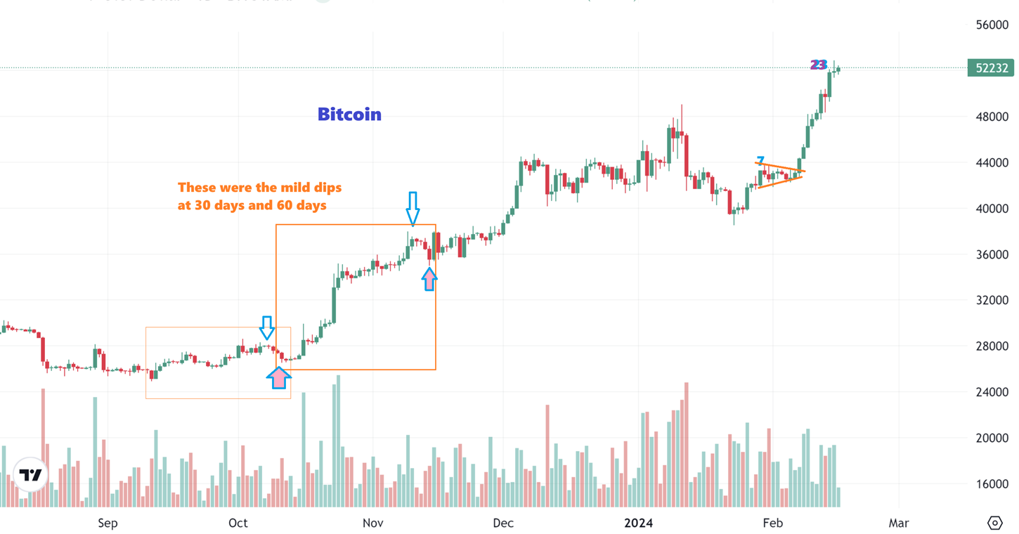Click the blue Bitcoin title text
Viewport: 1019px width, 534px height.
coord(349,114)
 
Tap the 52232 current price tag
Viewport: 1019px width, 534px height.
coord(990,68)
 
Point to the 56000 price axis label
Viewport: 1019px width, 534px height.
coord(992,25)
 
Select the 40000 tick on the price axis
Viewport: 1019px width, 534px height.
coord(992,209)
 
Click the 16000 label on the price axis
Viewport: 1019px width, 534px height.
coord(992,484)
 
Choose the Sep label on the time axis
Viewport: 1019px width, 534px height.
coord(108,523)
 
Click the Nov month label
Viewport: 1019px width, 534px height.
coord(372,523)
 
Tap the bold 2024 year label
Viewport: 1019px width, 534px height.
coord(639,523)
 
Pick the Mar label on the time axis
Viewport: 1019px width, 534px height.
coord(898,523)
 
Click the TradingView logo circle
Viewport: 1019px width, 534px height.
coord(30,475)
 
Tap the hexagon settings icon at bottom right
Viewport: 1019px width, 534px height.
coord(994,523)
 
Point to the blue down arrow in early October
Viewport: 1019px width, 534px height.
coord(266,327)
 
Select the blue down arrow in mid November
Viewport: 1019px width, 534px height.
coord(413,208)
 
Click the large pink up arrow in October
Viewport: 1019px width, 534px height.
coord(279,377)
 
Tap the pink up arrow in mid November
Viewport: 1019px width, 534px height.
coord(429,279)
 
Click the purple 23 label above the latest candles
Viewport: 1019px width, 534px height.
coord(818,65)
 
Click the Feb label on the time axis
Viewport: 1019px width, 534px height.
coord(772,523)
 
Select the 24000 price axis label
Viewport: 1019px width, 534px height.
coord(992,392)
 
